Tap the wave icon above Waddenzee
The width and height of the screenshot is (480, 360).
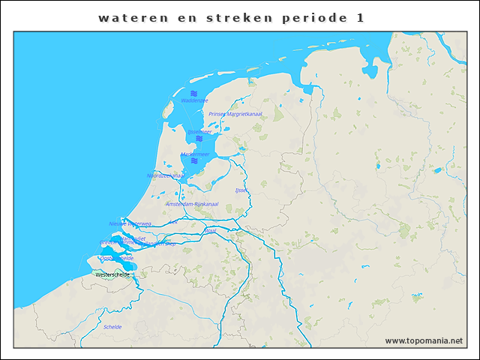(x=193, y=92)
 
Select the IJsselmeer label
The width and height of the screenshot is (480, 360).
(x=199, y=131)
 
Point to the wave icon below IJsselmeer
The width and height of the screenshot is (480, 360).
(x=199, y=139)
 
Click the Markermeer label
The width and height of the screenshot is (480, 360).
(x=194, y=154)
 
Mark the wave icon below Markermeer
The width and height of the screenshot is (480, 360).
(x=193, y=161)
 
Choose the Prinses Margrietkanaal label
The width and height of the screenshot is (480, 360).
(x=235, y=114)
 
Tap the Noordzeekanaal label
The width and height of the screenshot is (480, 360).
(x=165, y=175)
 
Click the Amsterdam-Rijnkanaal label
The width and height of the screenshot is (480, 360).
(x=191, y=204)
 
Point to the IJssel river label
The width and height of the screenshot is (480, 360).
(x=241, y=190)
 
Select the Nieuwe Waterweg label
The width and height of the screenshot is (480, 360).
(x=130, y=223)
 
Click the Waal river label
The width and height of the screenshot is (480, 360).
(x=210, y=231)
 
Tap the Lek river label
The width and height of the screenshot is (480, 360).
(x=173, y=222)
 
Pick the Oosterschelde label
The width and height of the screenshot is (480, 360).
(x=116, y=258)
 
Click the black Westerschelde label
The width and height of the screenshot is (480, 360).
(x=113, y=274)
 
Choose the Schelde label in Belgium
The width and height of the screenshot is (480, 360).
(x=112, y=327)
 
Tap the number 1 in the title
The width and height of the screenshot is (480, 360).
(x=361, y=18)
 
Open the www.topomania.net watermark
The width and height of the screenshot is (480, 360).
(x=424, y=340)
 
